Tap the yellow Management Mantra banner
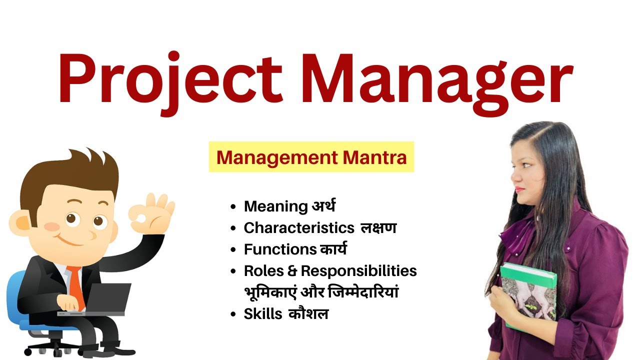click(311, 157)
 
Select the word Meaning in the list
click(275, 206)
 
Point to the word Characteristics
click(298, 227)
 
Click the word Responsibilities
click(358, 270)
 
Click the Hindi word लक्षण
click(378, 227)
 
